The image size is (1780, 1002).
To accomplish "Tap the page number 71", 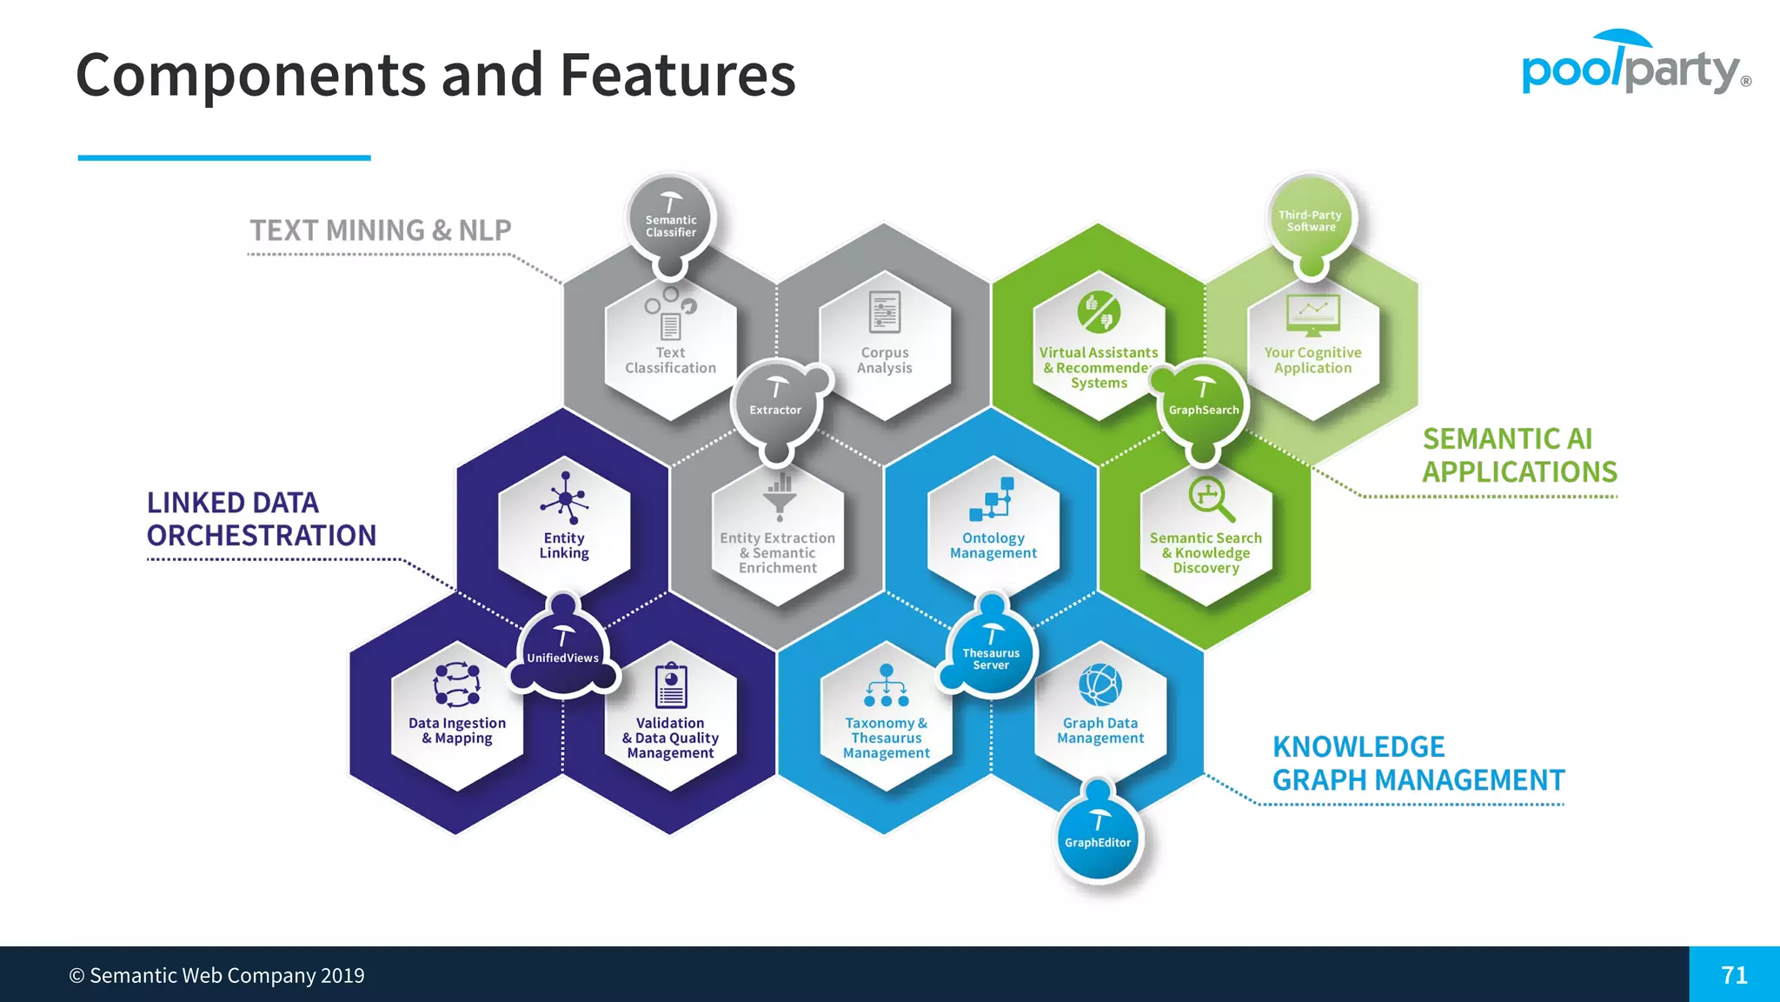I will click(1734, 975).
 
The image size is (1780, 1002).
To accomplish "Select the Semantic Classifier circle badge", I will click(670, 220).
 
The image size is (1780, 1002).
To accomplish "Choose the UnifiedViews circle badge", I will click(563, 652).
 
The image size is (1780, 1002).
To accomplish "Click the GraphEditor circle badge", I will click(1098, 838).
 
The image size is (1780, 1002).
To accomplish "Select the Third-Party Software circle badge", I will click(1311, 218).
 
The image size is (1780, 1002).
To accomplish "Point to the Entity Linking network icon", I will click(565, 499).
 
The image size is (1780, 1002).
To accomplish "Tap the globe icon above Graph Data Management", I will click(1100, 685).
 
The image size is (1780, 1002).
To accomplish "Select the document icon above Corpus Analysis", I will click(885, 312).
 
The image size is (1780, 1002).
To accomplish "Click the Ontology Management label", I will click(993, 545).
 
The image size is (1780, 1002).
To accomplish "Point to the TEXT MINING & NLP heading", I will click(381, 230).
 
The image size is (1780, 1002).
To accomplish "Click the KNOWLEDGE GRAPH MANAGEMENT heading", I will click(1418, 764).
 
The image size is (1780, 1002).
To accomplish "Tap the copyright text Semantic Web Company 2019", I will click(217, 975).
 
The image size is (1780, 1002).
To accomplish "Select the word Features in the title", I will click(677, 75).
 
